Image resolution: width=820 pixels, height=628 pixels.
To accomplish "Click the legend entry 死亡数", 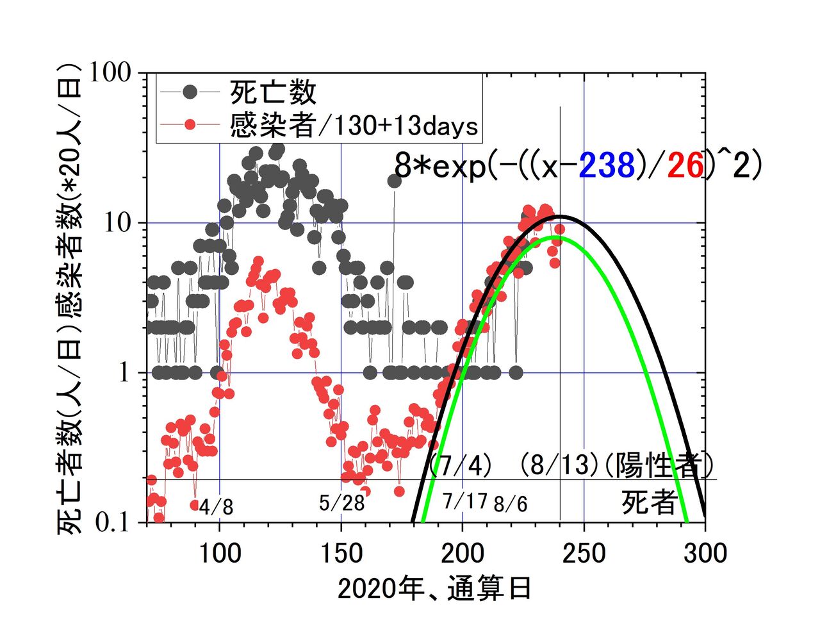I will point(273,93).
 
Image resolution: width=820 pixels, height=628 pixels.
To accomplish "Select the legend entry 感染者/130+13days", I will point(354,126).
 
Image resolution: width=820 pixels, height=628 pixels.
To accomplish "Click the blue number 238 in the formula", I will point(606,166).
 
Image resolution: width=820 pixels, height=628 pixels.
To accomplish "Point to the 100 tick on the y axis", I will point(115,72).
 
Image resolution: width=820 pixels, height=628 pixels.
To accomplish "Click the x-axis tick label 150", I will point(341,553).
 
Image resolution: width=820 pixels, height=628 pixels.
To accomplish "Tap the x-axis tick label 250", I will point(584,553).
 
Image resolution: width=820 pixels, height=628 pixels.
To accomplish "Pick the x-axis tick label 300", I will point(705,553).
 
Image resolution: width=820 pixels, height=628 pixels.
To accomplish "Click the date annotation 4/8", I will point(216,507).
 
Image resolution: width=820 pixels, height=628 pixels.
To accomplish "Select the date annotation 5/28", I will point(341,502).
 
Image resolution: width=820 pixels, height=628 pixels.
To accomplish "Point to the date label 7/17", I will point(465,500).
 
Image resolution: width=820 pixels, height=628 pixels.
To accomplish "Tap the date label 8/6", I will point(511,504).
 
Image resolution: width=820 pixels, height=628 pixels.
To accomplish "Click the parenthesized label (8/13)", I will point(555,466).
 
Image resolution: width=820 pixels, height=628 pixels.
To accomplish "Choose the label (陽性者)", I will point(659,466).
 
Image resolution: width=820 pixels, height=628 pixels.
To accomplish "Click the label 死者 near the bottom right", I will point(650,503).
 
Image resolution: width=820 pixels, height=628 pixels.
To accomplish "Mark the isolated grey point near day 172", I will point(395,181).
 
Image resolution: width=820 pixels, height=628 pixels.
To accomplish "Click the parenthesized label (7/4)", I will point(460,466).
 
